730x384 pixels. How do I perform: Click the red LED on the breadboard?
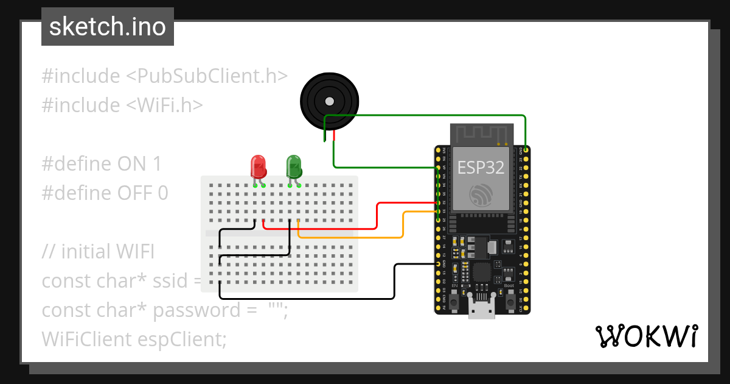258,166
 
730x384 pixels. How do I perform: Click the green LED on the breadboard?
294,166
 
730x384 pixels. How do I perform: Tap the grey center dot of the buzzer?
329,101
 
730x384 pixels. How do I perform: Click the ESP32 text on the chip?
481,167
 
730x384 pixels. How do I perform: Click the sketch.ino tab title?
108,27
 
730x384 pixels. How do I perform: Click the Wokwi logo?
646,336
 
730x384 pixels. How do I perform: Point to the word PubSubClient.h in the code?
206,76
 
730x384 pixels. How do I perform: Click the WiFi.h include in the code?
164,105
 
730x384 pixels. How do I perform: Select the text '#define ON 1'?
102,164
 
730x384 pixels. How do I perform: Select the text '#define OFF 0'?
105,193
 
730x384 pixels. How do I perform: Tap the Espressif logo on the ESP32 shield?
481,196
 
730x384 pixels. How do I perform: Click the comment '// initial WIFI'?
99,252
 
